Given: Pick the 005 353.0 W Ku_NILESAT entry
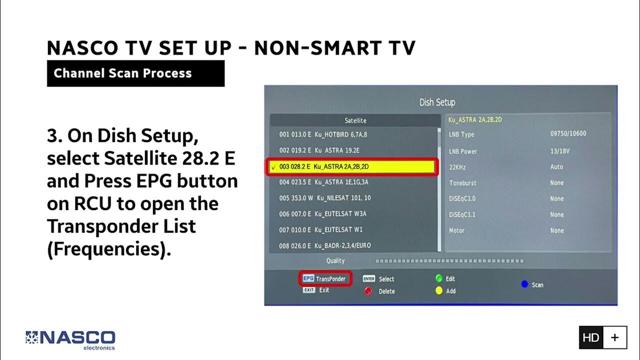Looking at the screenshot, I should (324, 198).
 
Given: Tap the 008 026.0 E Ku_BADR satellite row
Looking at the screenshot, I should (324, 245).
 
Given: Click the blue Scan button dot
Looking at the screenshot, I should (524, 284).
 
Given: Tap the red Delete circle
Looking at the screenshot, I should (368, 291).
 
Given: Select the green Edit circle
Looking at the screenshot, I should (439, 278).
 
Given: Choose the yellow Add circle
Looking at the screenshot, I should (439, 290).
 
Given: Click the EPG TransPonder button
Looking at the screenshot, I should (325, 279).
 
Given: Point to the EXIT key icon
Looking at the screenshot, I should (308, 290).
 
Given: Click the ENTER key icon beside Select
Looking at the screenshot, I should (369, 279).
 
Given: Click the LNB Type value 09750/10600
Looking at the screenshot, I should (568, 134).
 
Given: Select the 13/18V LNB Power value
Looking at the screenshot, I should (559, 151).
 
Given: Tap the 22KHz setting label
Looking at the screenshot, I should (457, 167).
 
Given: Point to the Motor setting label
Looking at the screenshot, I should (456, 230).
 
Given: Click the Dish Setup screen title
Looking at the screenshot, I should (437, 102).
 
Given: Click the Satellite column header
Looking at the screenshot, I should (355, 120).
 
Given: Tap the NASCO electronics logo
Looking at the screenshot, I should (70, 340).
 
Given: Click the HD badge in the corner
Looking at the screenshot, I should (590, 337).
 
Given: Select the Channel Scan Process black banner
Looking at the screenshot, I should (135, 73).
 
